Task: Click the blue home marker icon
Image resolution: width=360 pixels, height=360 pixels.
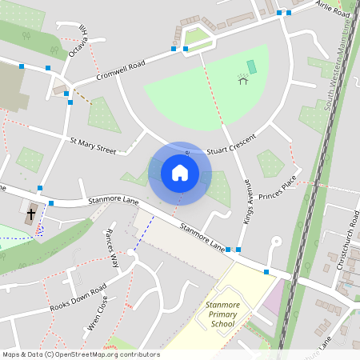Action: point(180,173)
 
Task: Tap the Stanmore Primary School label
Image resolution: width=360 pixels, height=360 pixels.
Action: point(220,314)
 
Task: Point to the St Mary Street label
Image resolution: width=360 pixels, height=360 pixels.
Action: point(93,145)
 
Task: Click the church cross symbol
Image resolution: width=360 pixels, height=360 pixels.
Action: point(31,214)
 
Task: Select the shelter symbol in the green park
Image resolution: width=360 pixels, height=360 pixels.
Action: point(242,78)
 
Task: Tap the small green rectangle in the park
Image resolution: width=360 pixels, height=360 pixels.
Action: point(251,66)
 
